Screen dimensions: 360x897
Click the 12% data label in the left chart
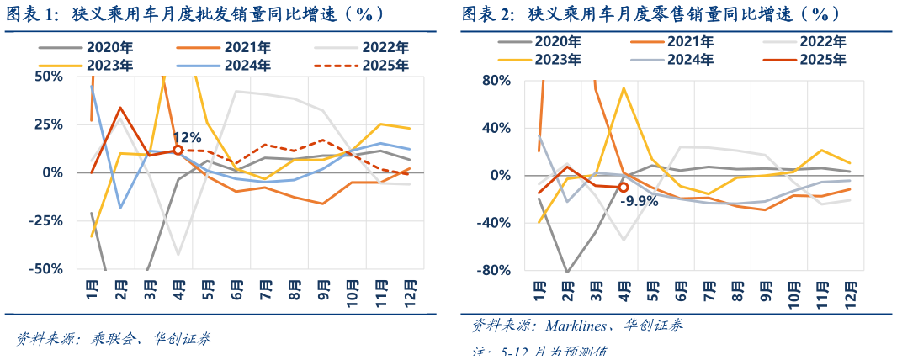(187, 136)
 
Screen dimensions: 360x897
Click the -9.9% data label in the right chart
(639, 200)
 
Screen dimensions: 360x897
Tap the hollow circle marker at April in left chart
(178, 150)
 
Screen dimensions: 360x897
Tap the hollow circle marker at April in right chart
(624, 188)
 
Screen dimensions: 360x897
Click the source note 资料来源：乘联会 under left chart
(114, 339)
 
